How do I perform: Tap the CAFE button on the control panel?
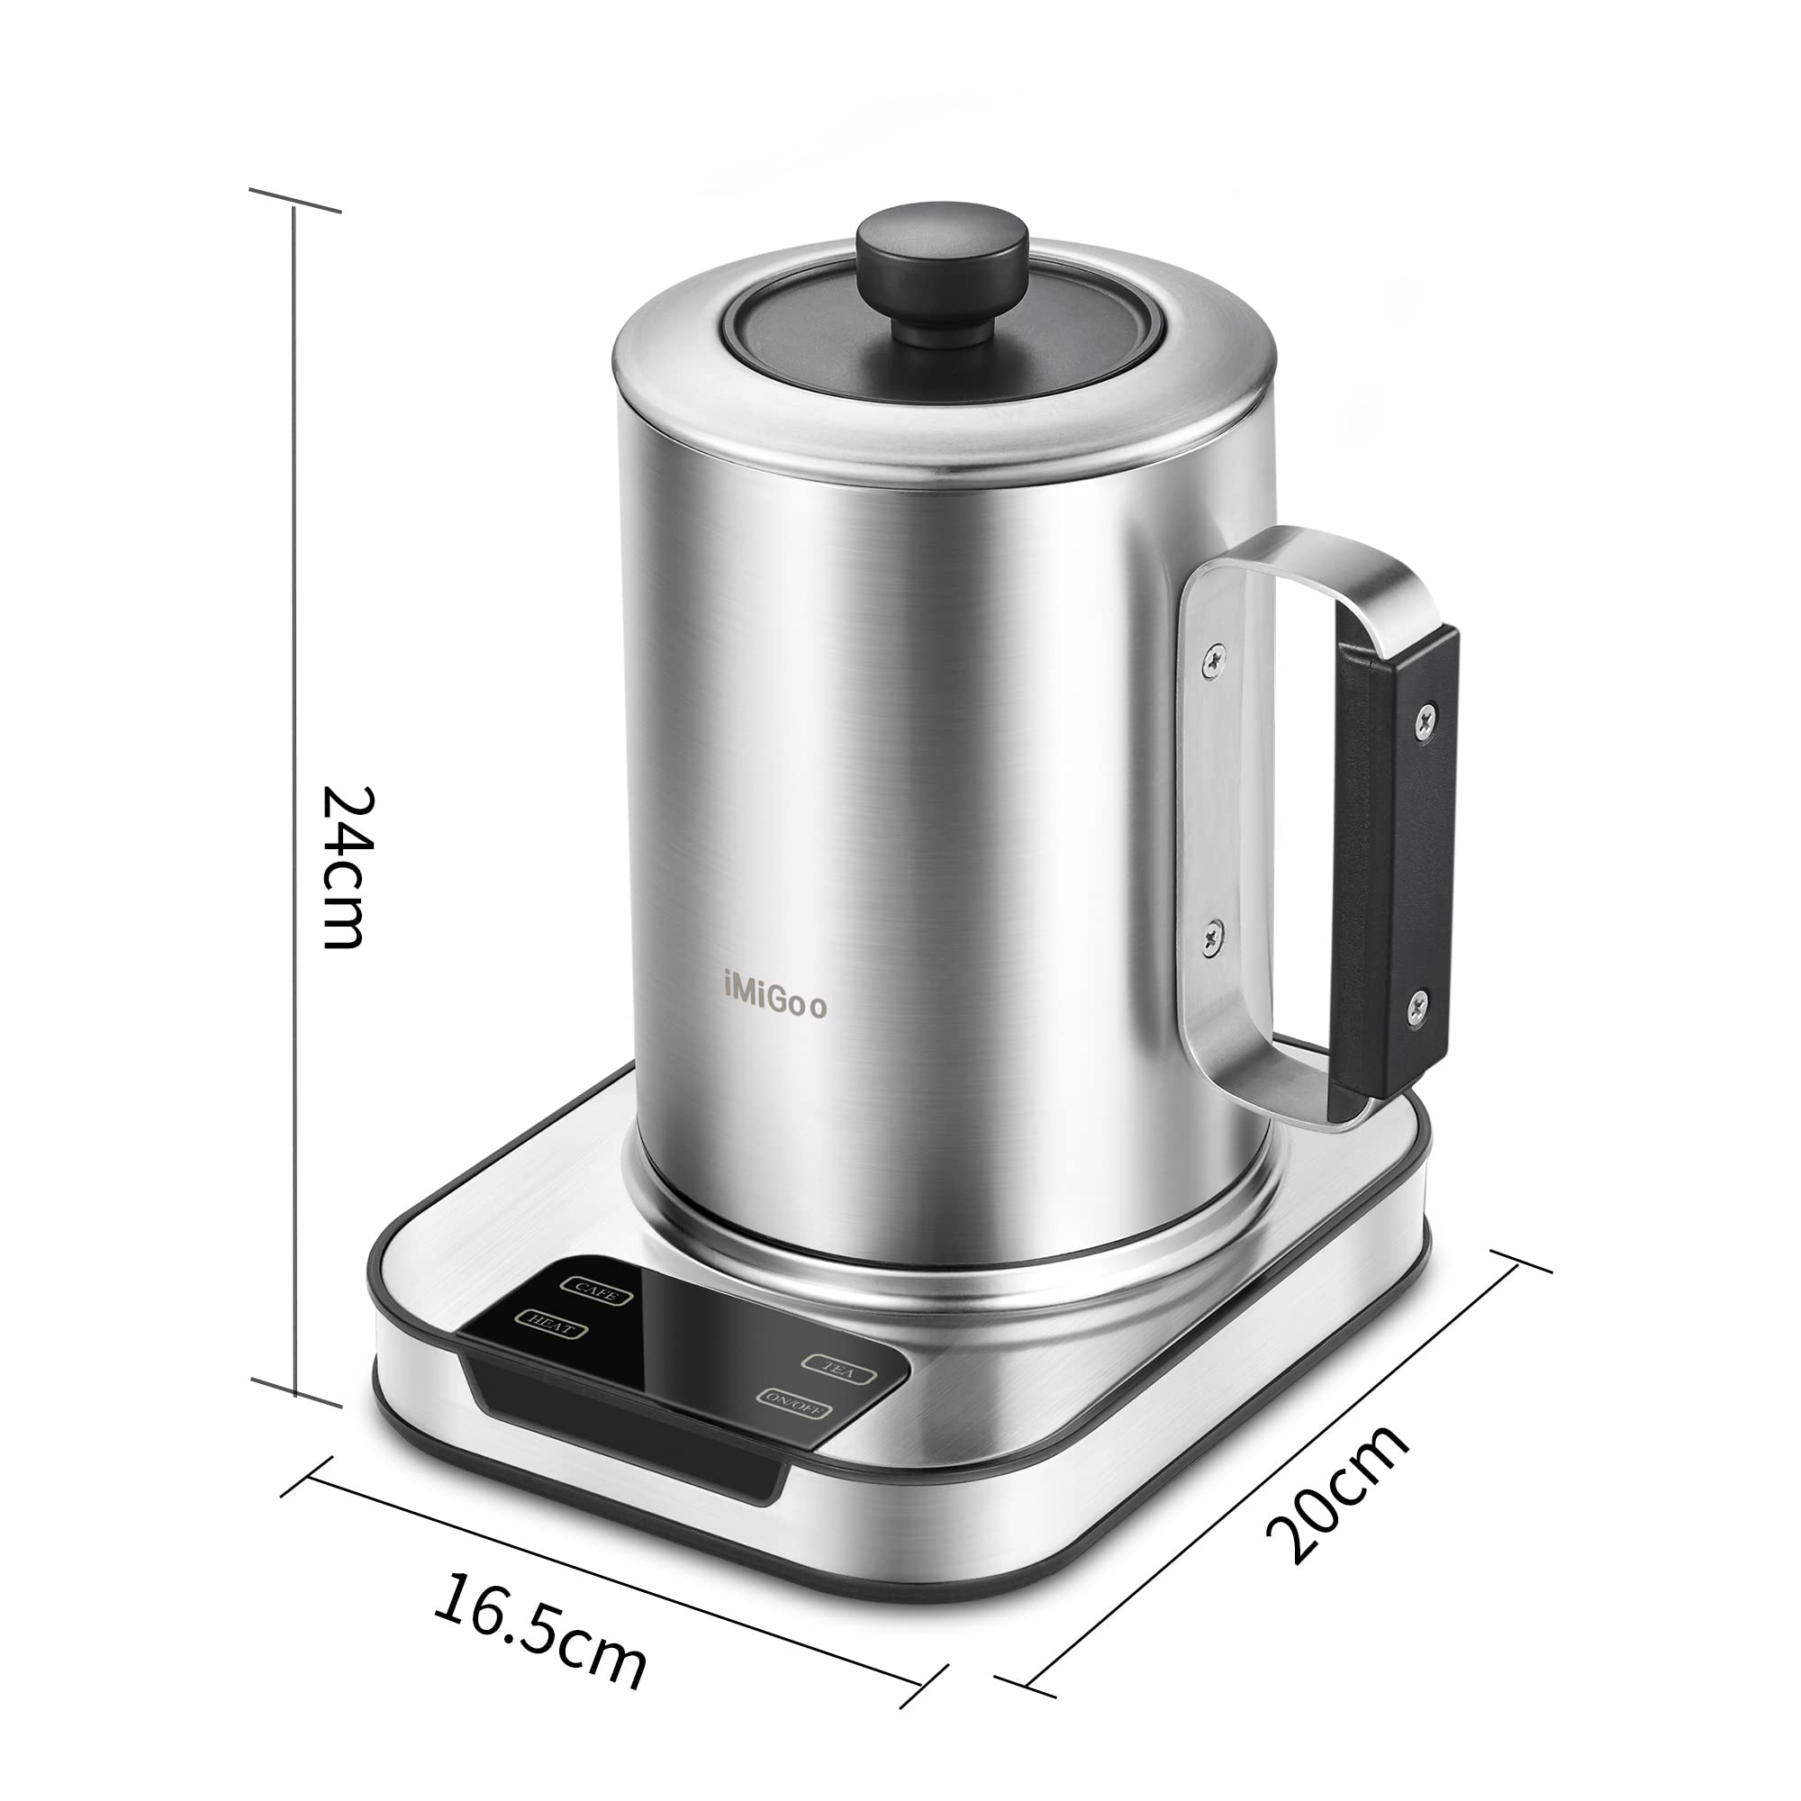pos(595,1291)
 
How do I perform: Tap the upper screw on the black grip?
pos(1425,716)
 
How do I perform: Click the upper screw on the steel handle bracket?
pos(1211,658)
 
